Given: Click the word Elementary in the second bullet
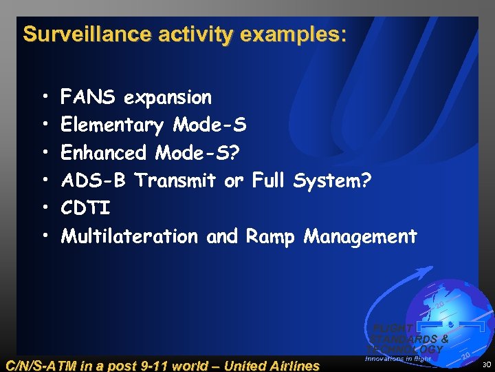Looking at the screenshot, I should click(112, 125).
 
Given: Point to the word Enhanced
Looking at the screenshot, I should click(104, 152).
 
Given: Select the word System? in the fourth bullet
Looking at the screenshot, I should click(332, 180).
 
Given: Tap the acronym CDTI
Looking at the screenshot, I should click(85, 208).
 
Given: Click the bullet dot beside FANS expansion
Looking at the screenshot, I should click(44, 98).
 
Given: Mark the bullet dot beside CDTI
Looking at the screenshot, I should click(44, 209).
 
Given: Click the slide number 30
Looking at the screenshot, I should click(486, 364).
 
